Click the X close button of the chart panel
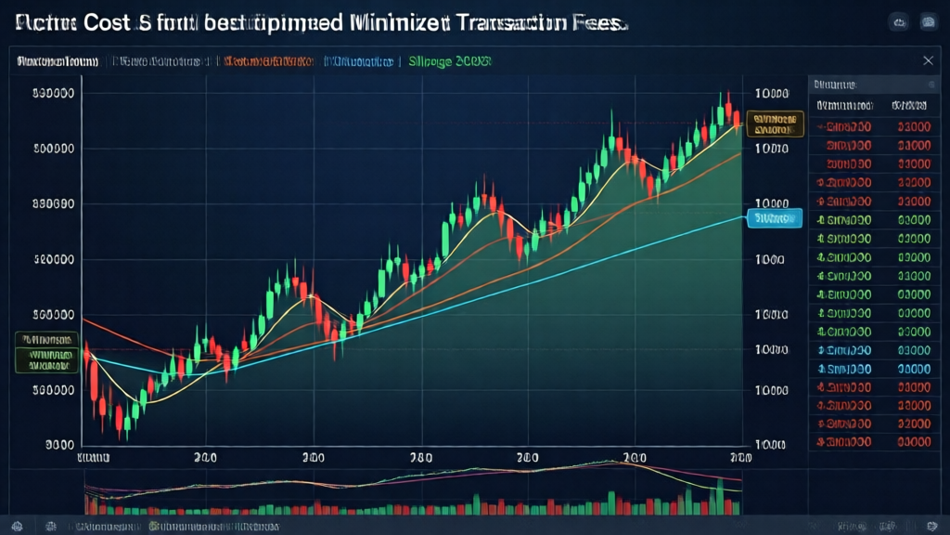(928, 61)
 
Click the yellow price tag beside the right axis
(777, 124)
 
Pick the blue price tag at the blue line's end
(773, 219)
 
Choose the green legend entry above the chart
(450, 62)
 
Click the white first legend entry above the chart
(57, 62)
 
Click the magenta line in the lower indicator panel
(687, 473)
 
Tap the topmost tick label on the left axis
(53, 94)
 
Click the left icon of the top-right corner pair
(898, 21)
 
